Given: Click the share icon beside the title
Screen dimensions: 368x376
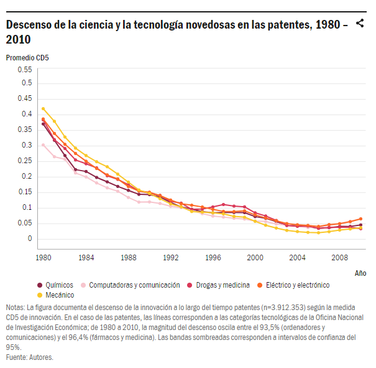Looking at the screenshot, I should point(359,24).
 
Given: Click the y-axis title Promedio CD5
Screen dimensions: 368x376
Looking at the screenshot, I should point(27,58).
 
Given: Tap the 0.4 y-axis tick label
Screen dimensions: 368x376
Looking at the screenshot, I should point(27,115).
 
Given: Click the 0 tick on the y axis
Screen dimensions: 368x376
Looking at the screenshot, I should point(29,239).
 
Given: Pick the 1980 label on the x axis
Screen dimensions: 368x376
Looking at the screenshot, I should point(43,257).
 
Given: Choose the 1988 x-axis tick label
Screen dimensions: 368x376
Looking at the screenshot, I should point(129,257).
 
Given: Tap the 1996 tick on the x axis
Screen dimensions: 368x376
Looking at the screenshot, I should point(214,257).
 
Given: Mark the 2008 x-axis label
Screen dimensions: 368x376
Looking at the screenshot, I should point(339,257).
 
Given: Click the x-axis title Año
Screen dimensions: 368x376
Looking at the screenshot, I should point(360,273).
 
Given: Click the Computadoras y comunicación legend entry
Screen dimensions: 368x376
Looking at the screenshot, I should point(134,285).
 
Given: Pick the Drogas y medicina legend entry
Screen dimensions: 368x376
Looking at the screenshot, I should point(223,285).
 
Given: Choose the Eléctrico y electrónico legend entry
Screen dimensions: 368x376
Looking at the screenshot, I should point(297,285).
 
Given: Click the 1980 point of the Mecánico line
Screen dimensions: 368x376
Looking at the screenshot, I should point(43,108).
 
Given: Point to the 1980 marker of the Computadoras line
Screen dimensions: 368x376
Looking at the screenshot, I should point(43,145).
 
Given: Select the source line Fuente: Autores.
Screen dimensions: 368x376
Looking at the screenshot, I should point(30,357).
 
